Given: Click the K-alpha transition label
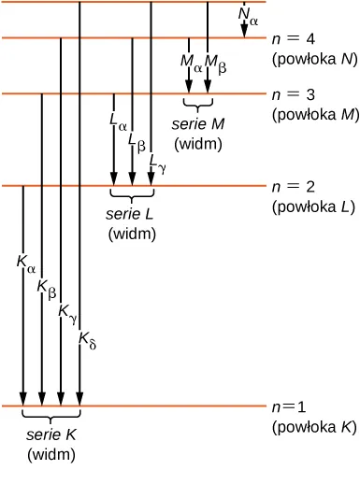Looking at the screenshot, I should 26,264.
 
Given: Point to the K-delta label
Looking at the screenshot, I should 87,338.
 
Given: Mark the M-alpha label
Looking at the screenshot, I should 191,64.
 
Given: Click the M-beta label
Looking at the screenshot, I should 216,64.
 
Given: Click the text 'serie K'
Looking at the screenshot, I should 51,436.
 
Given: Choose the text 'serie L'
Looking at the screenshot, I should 132,215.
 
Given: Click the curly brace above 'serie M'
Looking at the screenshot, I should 198,103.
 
